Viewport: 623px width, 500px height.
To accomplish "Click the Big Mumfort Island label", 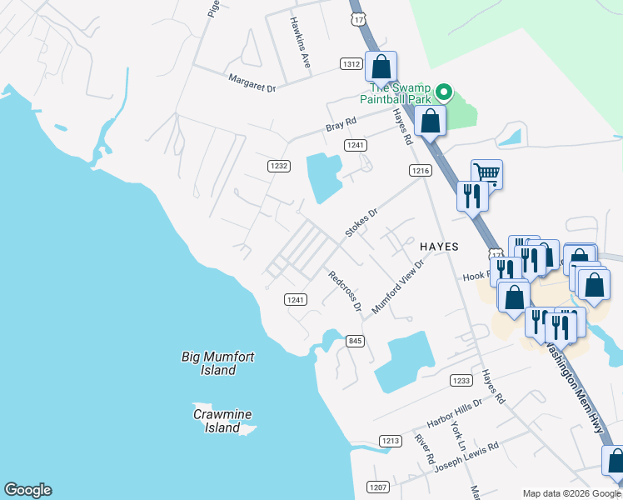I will pos(218,363).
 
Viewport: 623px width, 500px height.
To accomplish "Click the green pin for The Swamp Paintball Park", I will pos(445,92).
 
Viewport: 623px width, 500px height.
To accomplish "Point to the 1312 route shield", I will pos(351,64).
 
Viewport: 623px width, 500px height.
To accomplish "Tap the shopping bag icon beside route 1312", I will pos(381,66).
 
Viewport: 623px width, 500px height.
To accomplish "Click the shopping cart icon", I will pos(486,174).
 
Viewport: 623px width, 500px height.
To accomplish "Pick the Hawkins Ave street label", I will pos(300,37).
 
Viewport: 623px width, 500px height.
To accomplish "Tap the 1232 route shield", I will pos(279,167).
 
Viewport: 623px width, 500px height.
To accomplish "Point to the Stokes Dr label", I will pos(361,222).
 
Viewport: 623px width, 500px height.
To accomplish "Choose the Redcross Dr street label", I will pos(344,292).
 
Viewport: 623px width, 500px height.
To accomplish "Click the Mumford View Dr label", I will pos(398,286).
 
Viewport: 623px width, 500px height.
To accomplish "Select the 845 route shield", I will pos(356,340).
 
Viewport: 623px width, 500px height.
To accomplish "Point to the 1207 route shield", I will pos(376,487).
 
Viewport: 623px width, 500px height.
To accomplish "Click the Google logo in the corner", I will pos(27,490).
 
